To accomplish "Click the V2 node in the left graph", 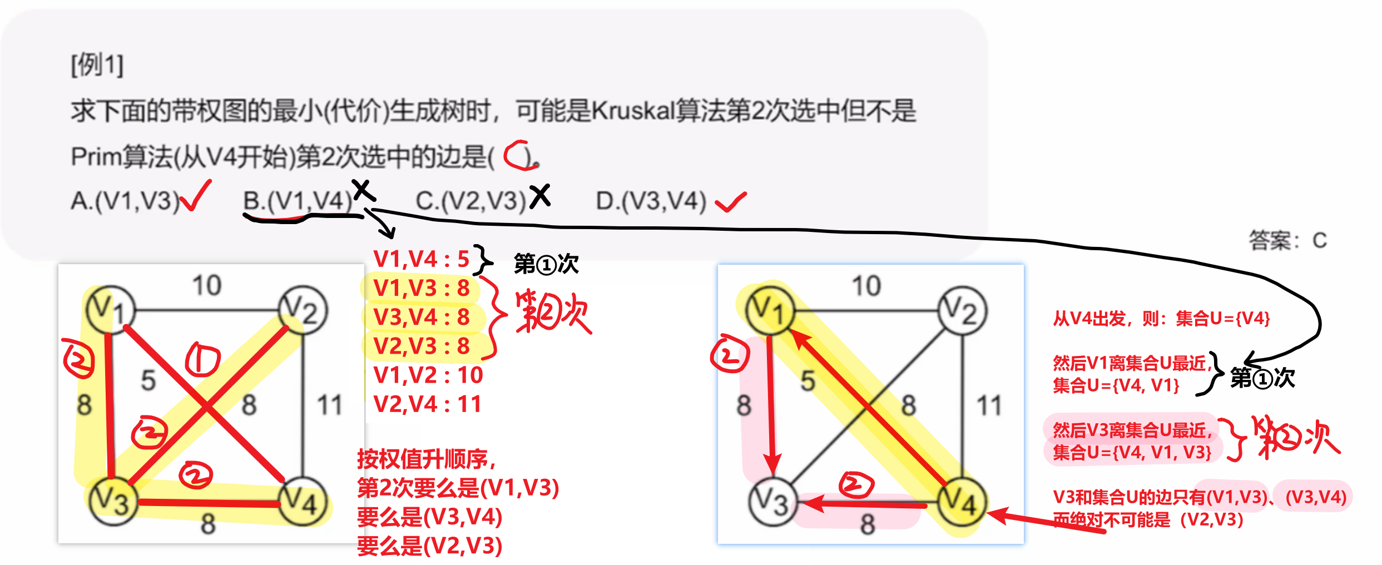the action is [303, 310].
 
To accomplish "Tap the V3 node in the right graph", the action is [773, 502].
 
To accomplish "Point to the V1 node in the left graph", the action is [111, 310].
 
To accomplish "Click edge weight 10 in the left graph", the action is [207, 285].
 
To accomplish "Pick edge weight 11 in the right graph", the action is [989, 405].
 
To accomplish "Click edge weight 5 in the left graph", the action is [148, 381].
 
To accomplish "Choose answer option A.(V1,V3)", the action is [125, 200].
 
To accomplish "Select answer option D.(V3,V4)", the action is [651, 200].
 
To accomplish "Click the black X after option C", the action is [539, 196].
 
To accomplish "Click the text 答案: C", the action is [1288, 240].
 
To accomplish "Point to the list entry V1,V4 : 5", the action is [422, 259].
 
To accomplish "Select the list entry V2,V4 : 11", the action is [427, 404].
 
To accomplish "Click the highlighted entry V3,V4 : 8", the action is [422, 317].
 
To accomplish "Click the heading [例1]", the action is [97, 65].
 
